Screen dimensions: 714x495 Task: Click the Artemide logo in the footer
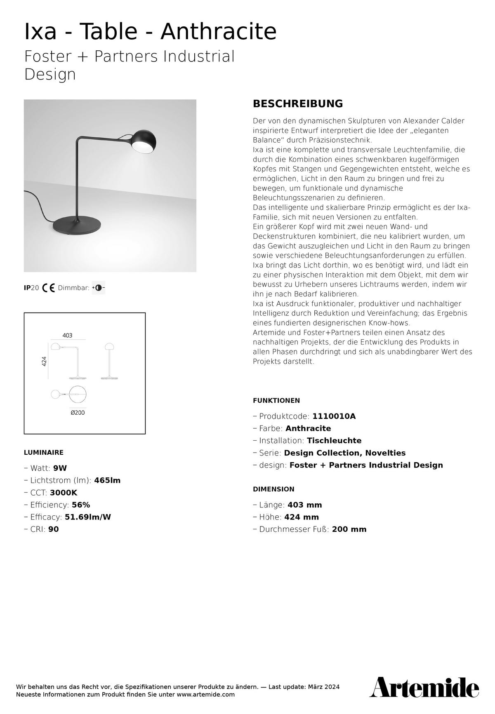point(424,687)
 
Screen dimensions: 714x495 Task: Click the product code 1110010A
point(334,416)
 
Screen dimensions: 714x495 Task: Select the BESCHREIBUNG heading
point(297,103)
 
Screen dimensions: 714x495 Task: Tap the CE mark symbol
point(49,288)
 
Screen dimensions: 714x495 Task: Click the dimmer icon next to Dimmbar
point(99,288)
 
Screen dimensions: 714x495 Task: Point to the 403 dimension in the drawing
point(67,336)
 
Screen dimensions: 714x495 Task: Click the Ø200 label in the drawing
point(78,412)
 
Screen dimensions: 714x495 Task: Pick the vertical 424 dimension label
point(44,361)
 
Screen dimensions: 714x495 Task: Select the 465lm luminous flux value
point(107,480)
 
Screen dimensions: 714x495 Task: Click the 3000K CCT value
point(64,493)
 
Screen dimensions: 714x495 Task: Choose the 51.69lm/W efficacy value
point(88,517)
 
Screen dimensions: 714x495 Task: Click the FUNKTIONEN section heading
point(276,400)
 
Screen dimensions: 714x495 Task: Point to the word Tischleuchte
point(334,440)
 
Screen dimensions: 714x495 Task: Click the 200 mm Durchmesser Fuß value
point(349,529)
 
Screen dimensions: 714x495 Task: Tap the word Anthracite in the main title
point(218,31)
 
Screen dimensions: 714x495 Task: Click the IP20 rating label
point(31,288)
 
